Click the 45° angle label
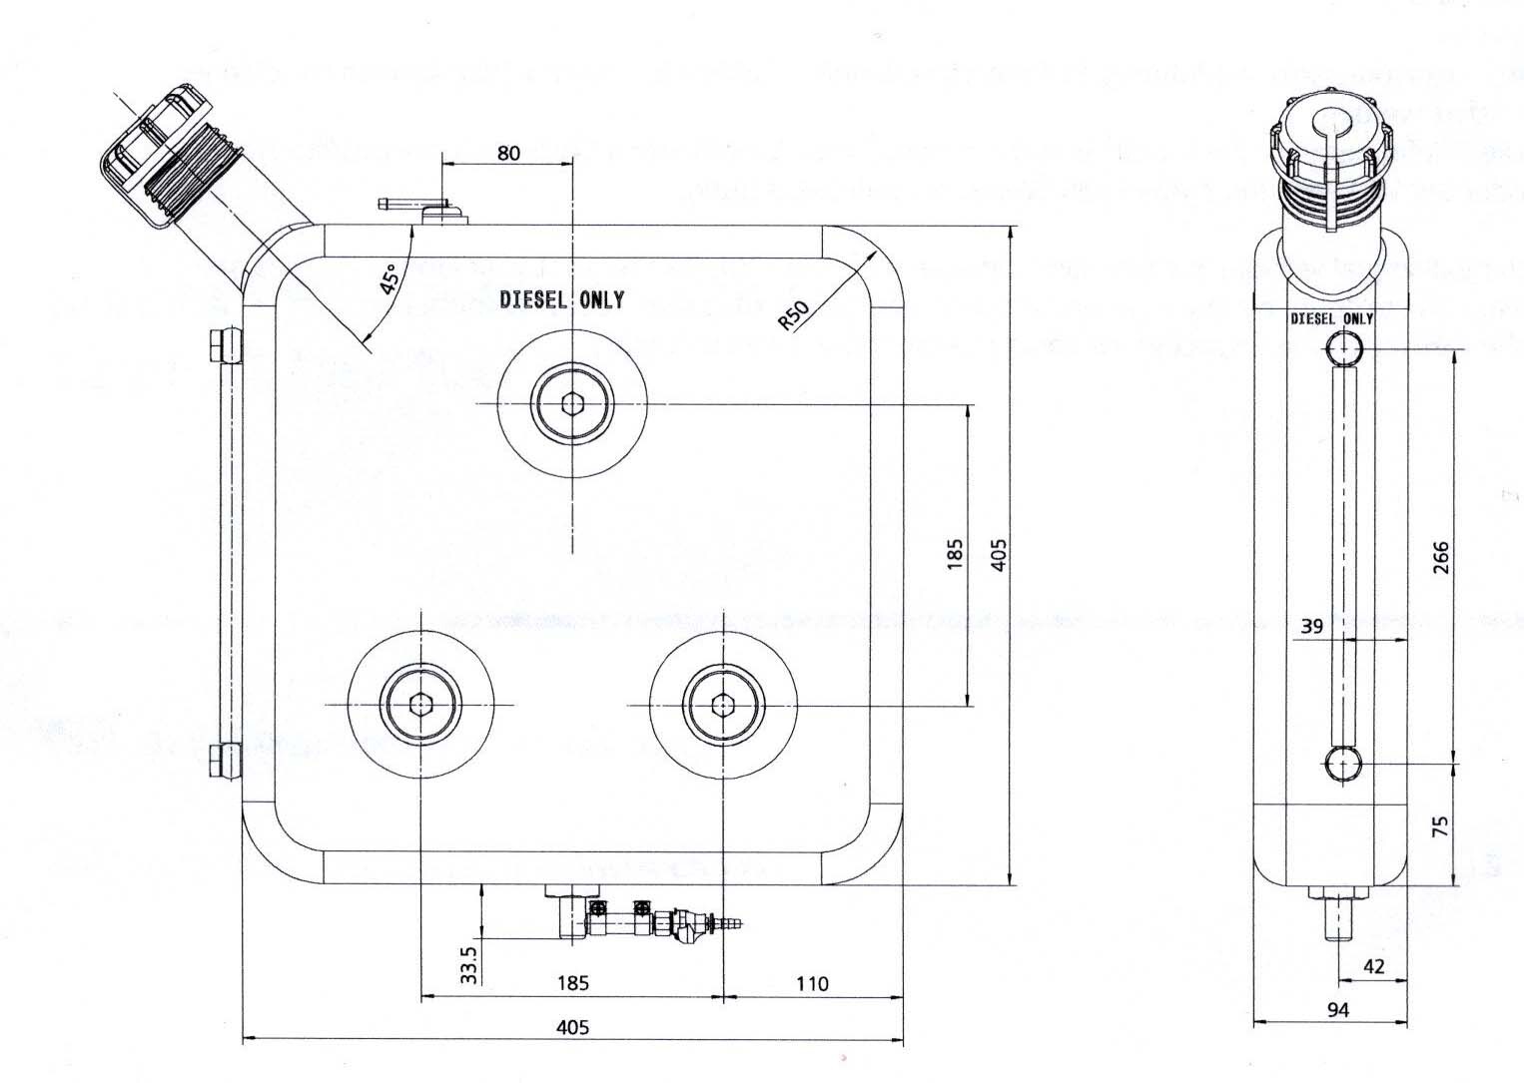390,278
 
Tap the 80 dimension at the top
508,154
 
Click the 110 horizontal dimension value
812,984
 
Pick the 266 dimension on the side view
1440,559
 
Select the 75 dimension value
1440,826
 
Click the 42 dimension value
1373,966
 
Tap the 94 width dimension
1338,1010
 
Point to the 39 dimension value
1312,627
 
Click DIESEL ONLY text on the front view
562,299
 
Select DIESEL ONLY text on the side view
1332,318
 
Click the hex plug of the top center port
572,403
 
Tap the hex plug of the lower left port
421,705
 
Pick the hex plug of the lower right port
722,705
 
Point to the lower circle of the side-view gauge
1343,765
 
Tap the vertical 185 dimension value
955,555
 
